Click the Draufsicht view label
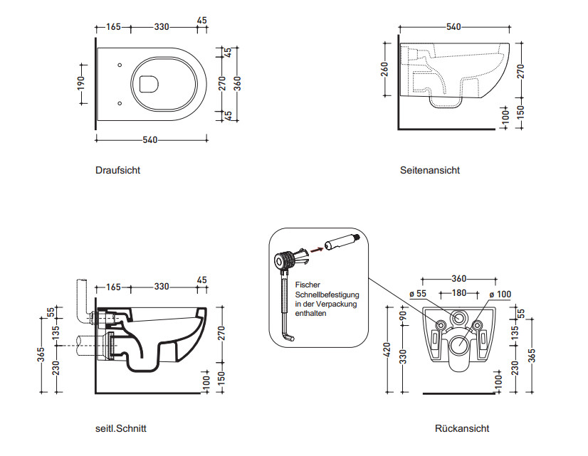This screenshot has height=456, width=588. (117, 171)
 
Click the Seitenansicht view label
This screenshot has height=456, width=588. (429, 171)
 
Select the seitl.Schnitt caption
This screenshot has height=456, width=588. (121, 428)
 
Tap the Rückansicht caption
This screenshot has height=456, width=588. (462, 428)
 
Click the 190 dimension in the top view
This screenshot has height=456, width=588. (82, 83)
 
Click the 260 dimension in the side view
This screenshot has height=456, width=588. (386, 68)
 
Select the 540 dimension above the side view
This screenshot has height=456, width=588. (453, 27)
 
